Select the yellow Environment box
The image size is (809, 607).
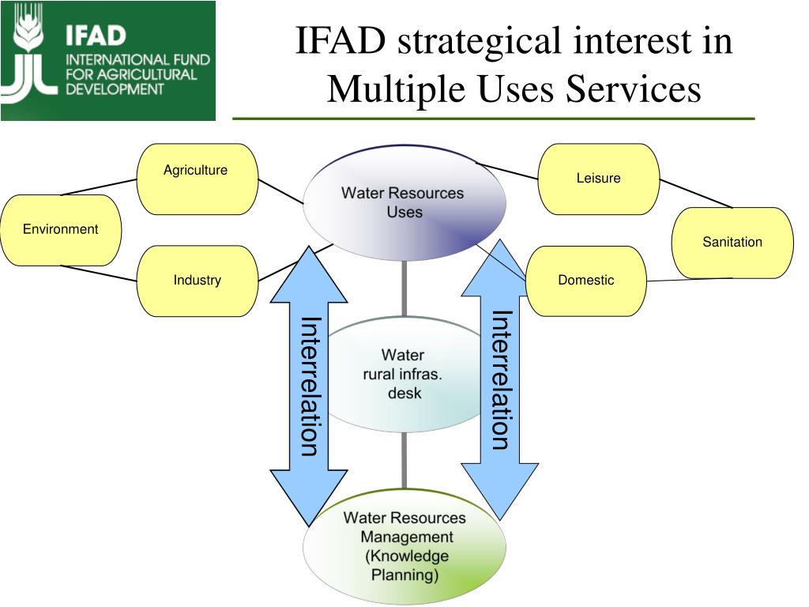coord(61,230)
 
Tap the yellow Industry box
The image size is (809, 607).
coord(198,281)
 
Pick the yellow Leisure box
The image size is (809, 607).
coord(598,179)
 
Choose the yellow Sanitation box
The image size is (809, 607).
coord(732,243)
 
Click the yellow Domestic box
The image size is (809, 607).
coord(585,281)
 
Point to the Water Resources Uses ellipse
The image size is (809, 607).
coord(404,202)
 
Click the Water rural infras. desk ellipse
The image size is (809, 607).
coord(404,374)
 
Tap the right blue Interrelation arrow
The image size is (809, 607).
coord(500,379)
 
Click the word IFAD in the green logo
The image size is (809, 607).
coord(96,36)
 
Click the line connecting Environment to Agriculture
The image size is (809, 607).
coord(99,187)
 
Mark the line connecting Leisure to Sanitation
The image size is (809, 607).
coord(695,194)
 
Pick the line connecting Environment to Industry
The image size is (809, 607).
coord(99,273)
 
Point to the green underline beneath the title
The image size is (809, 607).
coord(493,119)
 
